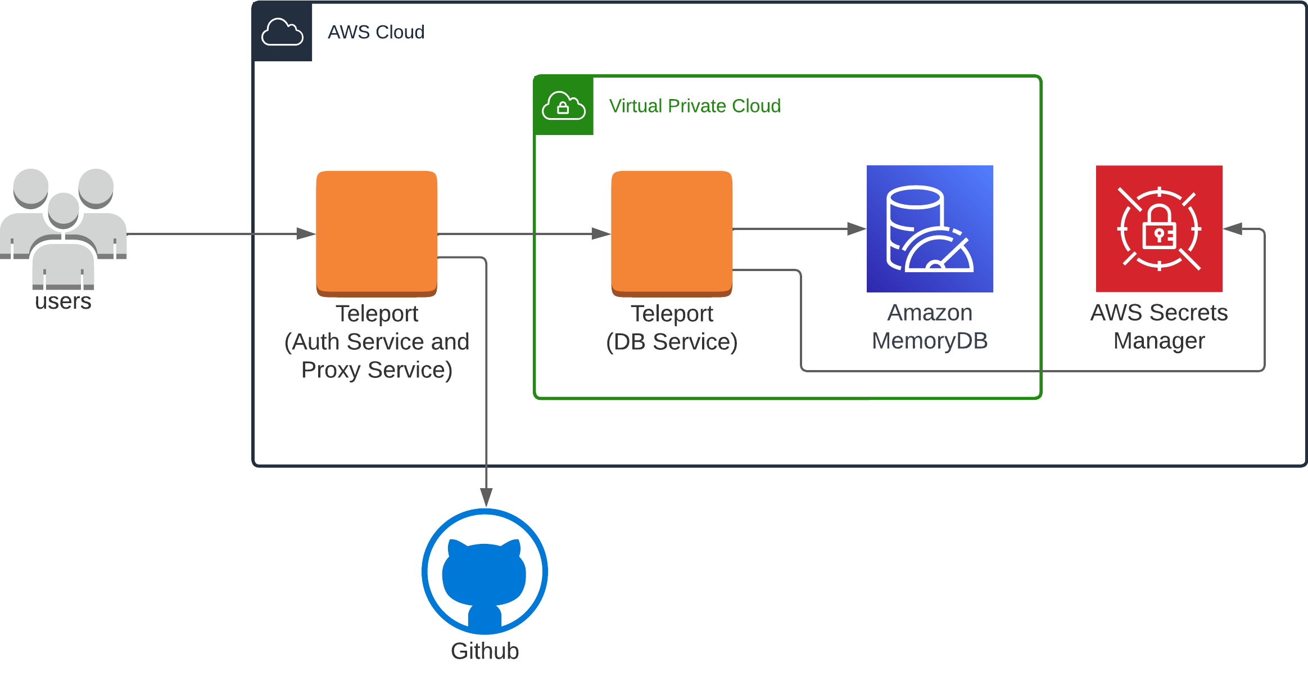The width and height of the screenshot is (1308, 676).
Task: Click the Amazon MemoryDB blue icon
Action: click(930, 228)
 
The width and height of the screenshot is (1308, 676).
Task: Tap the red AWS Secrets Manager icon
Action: click(1159, 228)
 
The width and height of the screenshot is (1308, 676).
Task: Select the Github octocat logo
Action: click(485, 571)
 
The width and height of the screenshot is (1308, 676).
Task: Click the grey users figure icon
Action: click(63, 228)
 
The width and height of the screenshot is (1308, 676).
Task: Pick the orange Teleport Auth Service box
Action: click(377, 233)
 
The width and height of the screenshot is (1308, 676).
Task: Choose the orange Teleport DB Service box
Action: click(672, 233)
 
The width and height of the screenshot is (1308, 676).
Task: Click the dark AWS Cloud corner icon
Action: click(282, 31)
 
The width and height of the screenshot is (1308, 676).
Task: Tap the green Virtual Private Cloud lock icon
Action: click(563, 105)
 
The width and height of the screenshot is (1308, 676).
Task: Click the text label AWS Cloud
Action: click(376, 32)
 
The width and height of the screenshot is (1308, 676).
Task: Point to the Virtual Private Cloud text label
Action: click(695, 106)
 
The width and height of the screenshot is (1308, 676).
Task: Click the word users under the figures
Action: click(63, 301)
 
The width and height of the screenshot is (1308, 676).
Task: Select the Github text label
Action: click(485, 651)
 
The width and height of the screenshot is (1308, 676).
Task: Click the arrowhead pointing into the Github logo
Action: click(486, 497)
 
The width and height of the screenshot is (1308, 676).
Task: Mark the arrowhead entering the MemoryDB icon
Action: click(856, 229)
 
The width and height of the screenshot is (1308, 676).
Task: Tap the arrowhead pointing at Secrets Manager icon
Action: click(1233, 229)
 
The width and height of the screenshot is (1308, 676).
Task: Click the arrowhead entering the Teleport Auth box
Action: click(306, 233)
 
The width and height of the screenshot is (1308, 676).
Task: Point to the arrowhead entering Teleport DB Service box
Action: click(601, 233)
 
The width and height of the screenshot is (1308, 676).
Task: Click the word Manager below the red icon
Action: click(1159, 341)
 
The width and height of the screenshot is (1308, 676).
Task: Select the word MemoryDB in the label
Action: click(930, 341)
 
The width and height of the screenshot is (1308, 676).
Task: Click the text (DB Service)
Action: click(672, 342)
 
